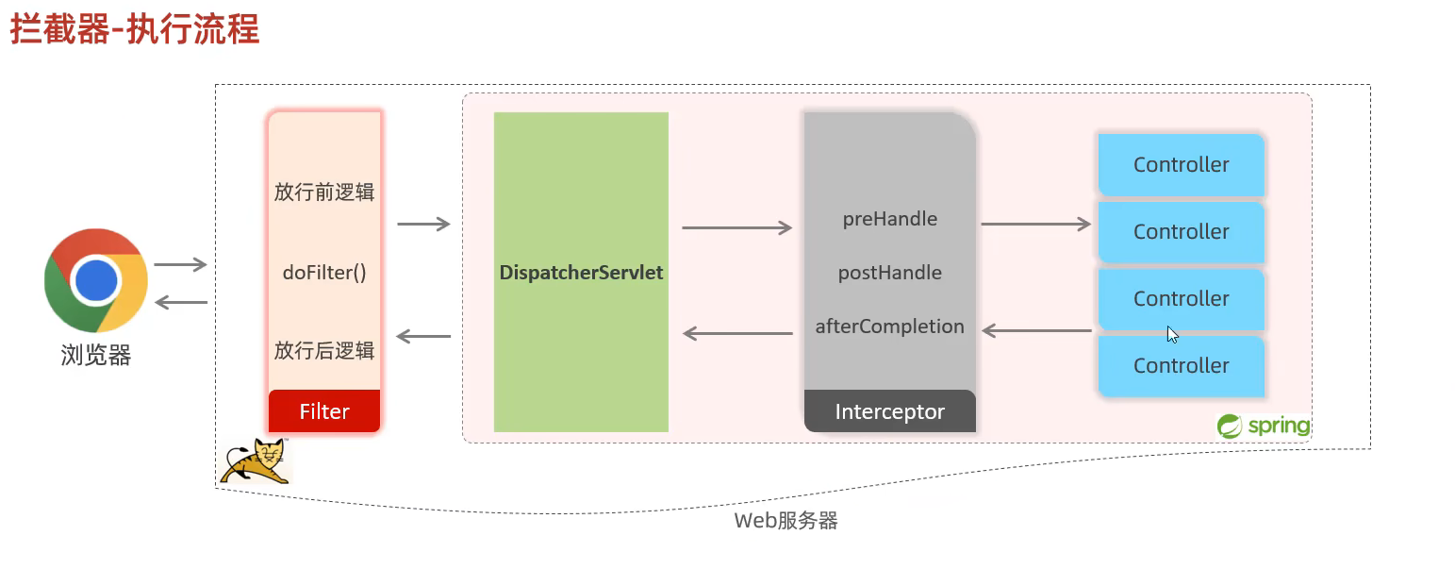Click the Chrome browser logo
(96, 280)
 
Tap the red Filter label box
(324, 411)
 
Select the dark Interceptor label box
(890, 411)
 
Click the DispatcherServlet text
(582, 273)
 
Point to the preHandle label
(890, 219)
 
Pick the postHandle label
(890, 273)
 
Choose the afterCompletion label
(890, 326)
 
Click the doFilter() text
(324, 273)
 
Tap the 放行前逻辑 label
(324, 192)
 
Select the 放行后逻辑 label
(324, 350)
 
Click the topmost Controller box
(1181, 164)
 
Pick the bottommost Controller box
(1181, 365)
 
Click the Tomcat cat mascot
(256, 461)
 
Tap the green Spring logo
(1264, 426)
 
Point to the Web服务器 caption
(785, 520)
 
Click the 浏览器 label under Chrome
(96, 355)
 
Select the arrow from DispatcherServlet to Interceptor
(737, 227)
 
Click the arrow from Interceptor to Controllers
(1036, 225)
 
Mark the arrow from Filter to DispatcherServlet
(423, 225)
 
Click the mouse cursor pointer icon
(1172, 334)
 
